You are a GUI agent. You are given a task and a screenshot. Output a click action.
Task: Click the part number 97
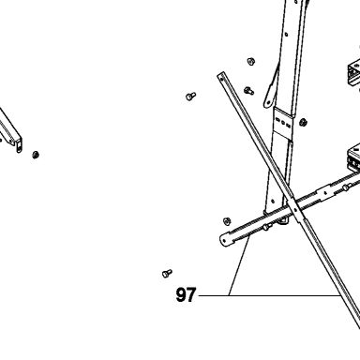pyautogui.click(x=186, y=294)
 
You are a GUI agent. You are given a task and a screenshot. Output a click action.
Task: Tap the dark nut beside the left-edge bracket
pyautogui.click(x=36, y=155)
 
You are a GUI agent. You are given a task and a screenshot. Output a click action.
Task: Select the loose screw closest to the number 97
pyautogui.click(x=167, y=273)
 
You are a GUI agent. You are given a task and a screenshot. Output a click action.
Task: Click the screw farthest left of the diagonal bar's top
pyautogui.click(x=190, y=96)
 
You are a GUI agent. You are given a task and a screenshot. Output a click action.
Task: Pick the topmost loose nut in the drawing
pyautogui.click(x=250, y=61)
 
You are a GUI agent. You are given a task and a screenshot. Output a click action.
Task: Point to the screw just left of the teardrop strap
pyautogui.click(x=248, y=91)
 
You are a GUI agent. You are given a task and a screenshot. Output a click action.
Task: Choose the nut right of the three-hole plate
pyautogui.click(x=303, y=122)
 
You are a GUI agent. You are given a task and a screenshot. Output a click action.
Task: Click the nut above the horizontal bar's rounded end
pyautogui.click(x=227, y=221)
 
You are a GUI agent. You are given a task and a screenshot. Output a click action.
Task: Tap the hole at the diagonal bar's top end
pyautogui.click(x=221, y=76)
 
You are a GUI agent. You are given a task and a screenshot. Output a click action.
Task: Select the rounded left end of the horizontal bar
pyautogui.click(x=225, y=241)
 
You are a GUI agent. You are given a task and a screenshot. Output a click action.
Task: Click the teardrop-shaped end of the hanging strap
pyautogui.click(x=268, y=100)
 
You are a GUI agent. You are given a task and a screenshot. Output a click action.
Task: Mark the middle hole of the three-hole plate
pyautogui.click(x=283, y=122)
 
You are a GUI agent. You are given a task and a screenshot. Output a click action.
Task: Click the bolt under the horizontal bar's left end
pyautogui.click(x=265, y=228)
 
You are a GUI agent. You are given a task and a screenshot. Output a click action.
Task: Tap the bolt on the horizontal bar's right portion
pyautogui.click(x=345, y=187)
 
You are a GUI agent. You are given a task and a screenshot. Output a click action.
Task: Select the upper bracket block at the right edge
pyautogui.click(x=354, y=75)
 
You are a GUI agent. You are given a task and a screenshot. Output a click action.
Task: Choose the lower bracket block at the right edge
pyautogui.click(x=353, y=157)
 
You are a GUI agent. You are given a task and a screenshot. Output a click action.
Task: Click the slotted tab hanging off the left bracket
pyautogui.click(x=19, y=145)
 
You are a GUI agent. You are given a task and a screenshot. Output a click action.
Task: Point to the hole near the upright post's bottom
pyautogui.click(x=273, y=201)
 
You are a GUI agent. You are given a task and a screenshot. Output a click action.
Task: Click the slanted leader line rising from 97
pyautogui.click(x=239, y=266)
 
